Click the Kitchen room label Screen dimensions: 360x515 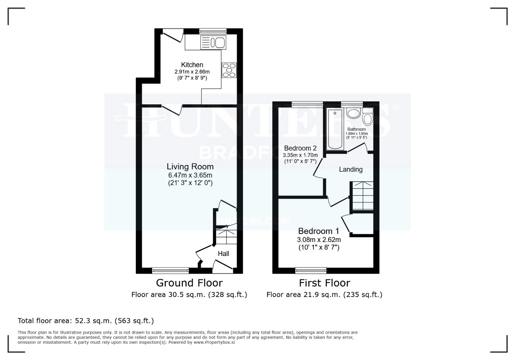[x=192, y=65]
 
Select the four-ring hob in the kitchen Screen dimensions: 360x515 [x=229, y=70]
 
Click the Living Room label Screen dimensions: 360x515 [x=190, y=166]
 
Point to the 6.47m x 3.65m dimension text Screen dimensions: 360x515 [x=190, y=175]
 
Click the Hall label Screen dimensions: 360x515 [x=223, y=254]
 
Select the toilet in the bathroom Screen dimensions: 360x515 [x=368, y=117]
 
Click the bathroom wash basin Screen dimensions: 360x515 [x=354, y=113]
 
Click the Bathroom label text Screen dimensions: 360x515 [x=356, y=129]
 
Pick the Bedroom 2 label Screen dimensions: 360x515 [x=300, y=148]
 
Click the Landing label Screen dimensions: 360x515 [x=351, y=169]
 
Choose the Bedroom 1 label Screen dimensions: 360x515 [x=319, y=231]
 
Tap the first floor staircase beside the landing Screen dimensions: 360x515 [x=363, y=197]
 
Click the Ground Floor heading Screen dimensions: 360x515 [x=189, y=283]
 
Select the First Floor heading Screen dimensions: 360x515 [x=324, y=283]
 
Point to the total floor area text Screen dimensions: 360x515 [x=86, y=321]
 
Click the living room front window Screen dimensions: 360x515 [x=170, y=270]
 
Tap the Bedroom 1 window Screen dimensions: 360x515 [x=311, y=270]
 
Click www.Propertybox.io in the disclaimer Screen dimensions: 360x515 [x=214, y=342]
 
